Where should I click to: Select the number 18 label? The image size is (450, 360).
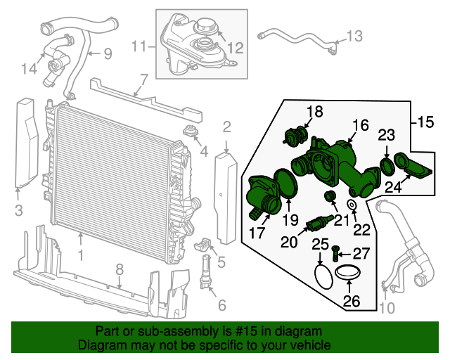click(x=314, y=111)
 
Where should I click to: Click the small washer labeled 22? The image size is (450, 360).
click(x=352, y=205)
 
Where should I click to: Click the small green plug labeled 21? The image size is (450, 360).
click(x=328, y=195)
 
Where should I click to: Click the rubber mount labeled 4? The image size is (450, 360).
click(x=189, y=131)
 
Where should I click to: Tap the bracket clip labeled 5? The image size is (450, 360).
click(x=202, y=245)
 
